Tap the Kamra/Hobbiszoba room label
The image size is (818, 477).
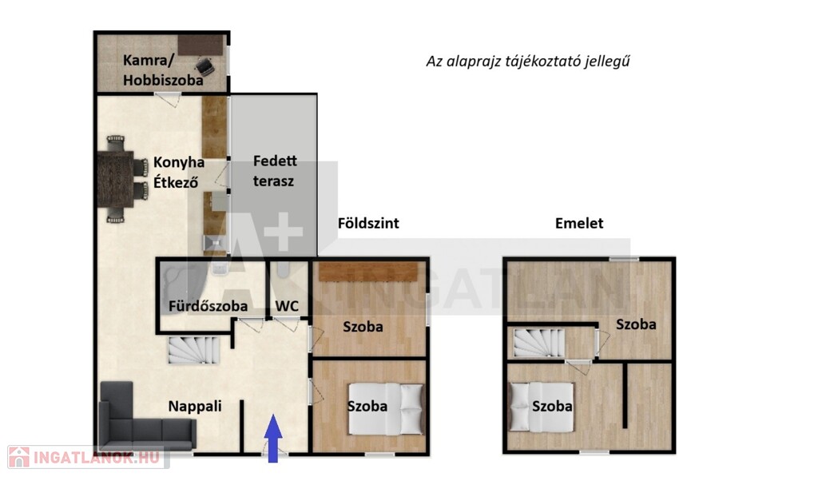pos(163,70)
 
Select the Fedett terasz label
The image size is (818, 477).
pos(275,171)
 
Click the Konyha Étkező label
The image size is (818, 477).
pos(178,173)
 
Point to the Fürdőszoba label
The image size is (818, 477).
pos(208,306)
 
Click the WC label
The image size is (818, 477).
pos(287,306)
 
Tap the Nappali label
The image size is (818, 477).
pos(195,406)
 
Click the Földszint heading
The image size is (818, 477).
pos(368,224)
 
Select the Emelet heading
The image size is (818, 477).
pos(579,224)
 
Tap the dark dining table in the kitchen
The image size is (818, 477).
pos(116,179)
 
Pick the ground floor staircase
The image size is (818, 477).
pos(193,350)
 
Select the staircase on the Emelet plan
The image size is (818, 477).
pos(539,343)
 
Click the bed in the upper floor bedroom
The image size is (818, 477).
pos(541,407)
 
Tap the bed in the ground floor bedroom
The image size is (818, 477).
pos(386,409)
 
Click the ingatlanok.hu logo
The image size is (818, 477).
pos(87,457)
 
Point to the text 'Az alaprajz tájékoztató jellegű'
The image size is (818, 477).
pos(528,62)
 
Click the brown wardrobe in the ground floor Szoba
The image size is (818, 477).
pos(368,272)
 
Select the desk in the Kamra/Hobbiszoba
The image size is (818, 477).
pos(201,45)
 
